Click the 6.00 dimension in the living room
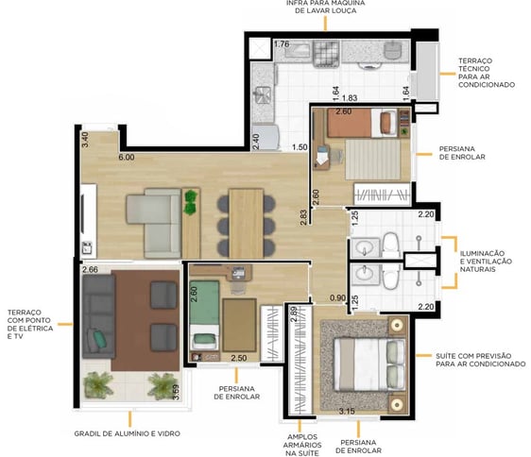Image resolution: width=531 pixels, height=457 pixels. [x=127, y=158]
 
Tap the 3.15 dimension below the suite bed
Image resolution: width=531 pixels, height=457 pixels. [x=347, y=412]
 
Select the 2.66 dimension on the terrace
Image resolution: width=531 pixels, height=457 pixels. [x=90, y=269]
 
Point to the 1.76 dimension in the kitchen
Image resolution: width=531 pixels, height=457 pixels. [x=282, y=44]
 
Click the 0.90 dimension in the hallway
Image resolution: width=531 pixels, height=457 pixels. [x=337, y=297]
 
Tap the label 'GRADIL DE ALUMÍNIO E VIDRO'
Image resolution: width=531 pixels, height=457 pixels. [x=127, y=433]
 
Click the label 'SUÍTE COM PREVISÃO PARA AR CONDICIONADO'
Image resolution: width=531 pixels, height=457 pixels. [x=481, y=360]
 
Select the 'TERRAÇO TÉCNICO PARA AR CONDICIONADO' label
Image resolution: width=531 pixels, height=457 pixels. [x=487, y=73]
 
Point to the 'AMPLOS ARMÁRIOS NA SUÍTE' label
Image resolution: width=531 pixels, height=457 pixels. [x=302, y=445]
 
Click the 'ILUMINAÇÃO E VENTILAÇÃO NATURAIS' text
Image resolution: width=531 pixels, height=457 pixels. [x=486, y=262]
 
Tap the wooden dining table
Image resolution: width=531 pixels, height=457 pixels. [x=247, y=224]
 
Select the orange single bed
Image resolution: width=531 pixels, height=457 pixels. [x=362, y=123]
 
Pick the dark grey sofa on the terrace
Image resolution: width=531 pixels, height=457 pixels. [x=99, y=316]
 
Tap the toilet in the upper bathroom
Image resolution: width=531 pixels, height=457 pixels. [x=391, y=245]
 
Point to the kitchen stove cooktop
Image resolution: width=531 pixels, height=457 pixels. [x=326, y=53]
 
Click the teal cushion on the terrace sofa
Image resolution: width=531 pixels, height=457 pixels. [x=99, y=339]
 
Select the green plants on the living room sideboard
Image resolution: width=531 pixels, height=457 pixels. [x=191, y=202]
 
